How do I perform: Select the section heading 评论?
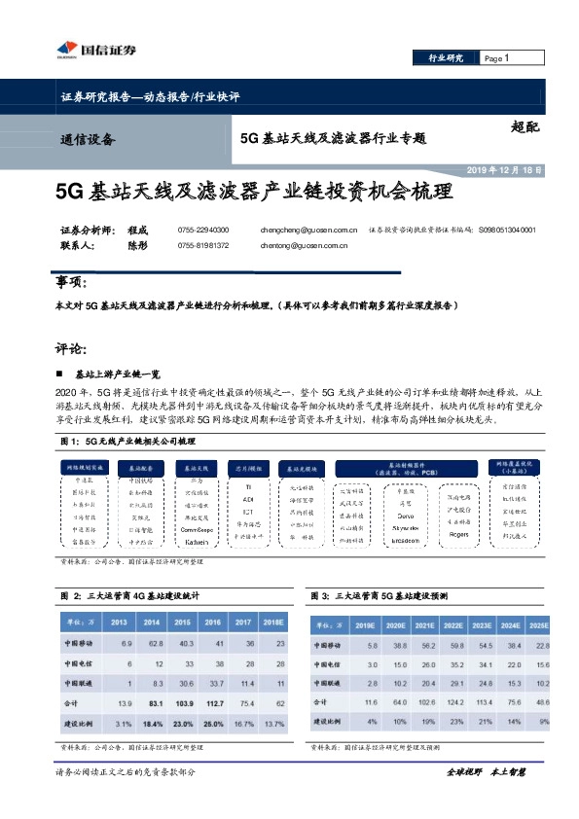click(x=72, y=347)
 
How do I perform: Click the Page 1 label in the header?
click(x=497, y=59)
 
